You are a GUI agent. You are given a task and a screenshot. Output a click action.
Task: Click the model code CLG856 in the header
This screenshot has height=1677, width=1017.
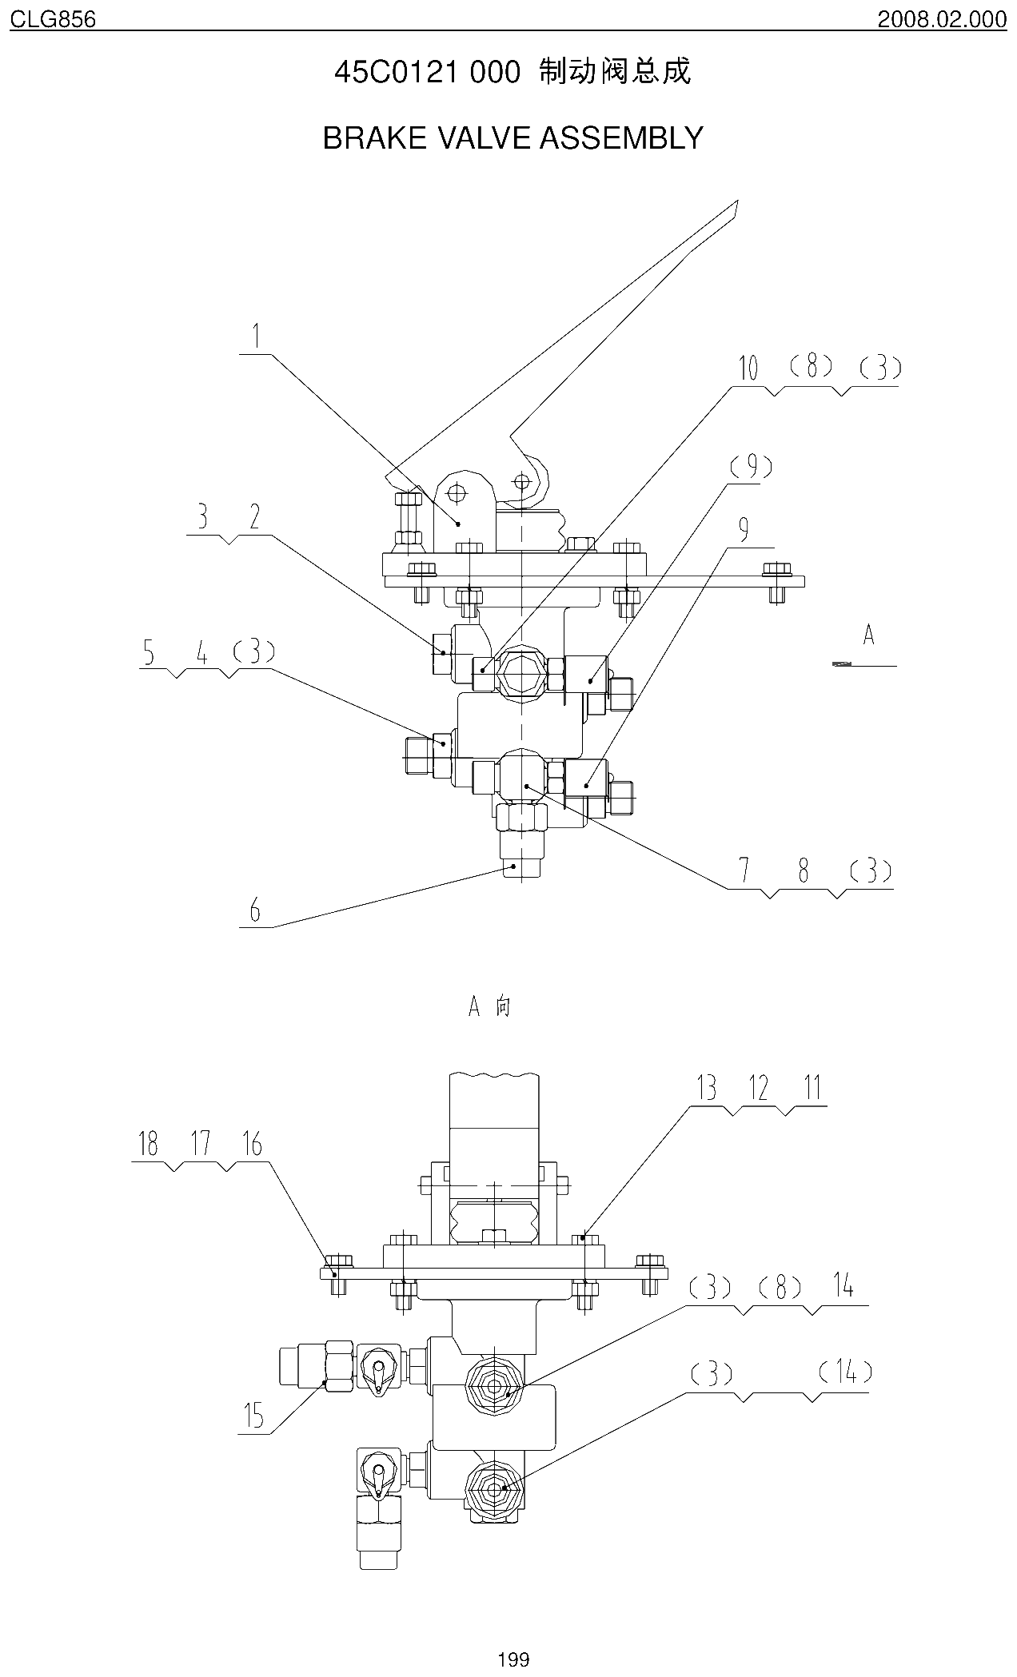[53, 18]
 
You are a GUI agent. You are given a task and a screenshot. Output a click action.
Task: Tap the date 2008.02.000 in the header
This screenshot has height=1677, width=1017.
[942, 18]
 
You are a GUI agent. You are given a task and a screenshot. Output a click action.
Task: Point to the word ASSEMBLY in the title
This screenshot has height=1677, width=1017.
[622, 138]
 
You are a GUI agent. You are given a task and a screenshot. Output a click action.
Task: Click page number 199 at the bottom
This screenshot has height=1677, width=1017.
[512, 1659]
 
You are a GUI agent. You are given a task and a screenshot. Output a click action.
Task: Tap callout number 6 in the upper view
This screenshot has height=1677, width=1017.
[255, 910]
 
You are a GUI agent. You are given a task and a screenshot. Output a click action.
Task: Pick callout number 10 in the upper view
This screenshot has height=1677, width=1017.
[748, 368]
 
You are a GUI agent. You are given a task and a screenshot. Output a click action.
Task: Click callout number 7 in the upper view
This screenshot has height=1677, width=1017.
[745, 870]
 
